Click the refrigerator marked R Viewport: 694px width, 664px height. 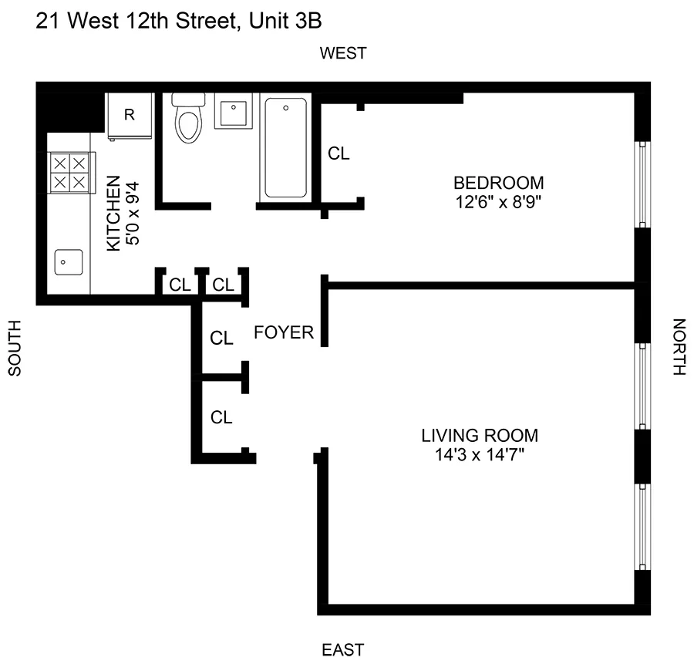pyautogui.click(x=130, y=116)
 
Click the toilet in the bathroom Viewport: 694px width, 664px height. pyautogui.click(x=187, y=120)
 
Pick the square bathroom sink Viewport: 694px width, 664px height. pyautogui.click(x=233, y=113)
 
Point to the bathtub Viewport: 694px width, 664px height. pyautogui.click(x=286, y=147)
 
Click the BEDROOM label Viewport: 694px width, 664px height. pyautogui.click(x=498, y=184)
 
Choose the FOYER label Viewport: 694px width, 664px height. pyautogui.click(x=285, y=333)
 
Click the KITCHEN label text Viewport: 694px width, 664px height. pyautogui.click(x=113, y=213)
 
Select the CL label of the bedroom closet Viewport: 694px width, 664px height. pyautogui.click(x=339, y=153)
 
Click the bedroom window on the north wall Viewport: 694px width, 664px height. pyautogui.click(x=640, y=184)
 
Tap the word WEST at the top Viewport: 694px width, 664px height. pyautogui.click(x=343, y=53)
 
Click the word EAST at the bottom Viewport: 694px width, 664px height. pyautogui.click(x=343, y=649)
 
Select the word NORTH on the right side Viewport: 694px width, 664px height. pyautogui.click(x=679, y=347)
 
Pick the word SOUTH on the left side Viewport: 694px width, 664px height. pyautogui.click(x=15, y=348)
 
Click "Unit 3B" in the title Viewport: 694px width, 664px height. pyautogui.click(x=286, y=22)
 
